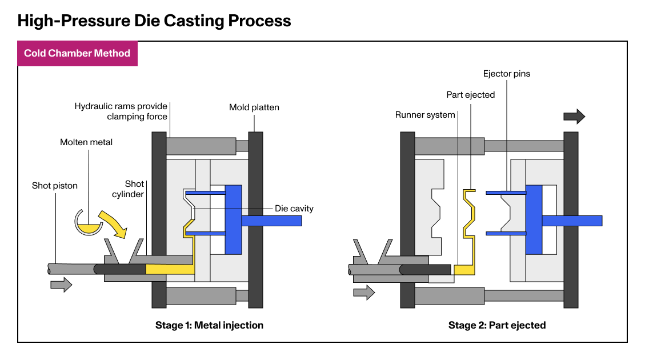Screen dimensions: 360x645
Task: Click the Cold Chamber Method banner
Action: coord(77,54)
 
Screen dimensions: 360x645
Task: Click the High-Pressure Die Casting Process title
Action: coord(154,21)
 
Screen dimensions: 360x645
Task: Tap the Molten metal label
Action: coord(86,142)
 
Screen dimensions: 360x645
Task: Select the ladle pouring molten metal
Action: coord(89,224)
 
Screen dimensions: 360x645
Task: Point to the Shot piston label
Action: coord(54,185)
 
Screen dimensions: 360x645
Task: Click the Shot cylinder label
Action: coord(135,189)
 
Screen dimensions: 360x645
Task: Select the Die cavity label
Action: coord(294,209)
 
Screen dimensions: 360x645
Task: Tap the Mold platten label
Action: coord(254,107)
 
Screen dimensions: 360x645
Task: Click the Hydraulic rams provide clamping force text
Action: coord(121,111)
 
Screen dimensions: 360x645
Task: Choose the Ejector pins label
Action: coord(507,74)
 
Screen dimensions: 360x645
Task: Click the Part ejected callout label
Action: coord(470,94)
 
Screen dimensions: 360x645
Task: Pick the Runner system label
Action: coord(425,115)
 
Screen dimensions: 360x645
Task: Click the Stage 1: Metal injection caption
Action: coord(209,325)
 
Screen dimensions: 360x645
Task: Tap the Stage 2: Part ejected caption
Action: coord(497,325)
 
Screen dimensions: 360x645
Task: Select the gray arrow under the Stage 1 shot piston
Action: coord(61,284)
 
